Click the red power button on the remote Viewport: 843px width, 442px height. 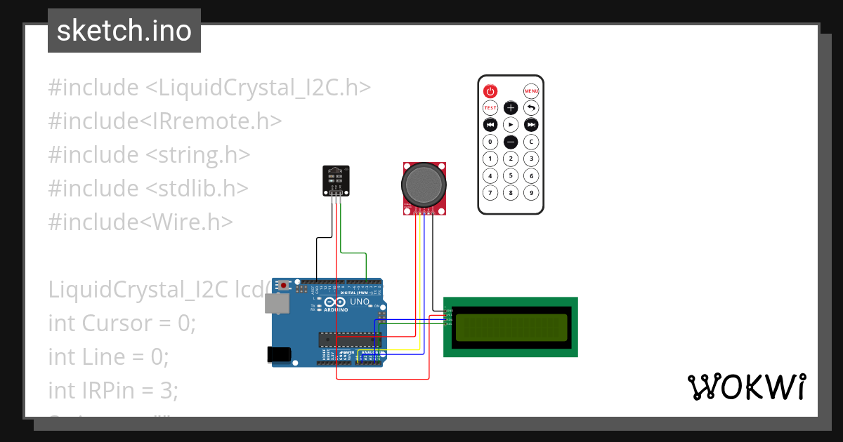click(x=490, y=91)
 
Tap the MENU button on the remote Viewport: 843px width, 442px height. click(x=531, y=91)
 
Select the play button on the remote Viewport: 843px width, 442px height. click(x=511, y=125)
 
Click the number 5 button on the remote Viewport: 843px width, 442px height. click(x=511, y=175)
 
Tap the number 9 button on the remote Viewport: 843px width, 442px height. click(x=532, y=193)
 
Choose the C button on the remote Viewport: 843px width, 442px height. click(x=532, y=142)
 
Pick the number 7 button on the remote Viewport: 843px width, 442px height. click(x=490, y=193)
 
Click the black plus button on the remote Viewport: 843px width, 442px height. click(x=511, y=108)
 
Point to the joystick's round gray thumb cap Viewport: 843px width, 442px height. click(x=424, y=185)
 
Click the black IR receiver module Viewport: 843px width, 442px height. click(x=335, y=181)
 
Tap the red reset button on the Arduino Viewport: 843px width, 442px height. click(x=284, y=286)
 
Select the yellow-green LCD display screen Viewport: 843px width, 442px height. click(x=511, y=327)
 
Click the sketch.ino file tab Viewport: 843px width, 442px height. click(x=124, y=31)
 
